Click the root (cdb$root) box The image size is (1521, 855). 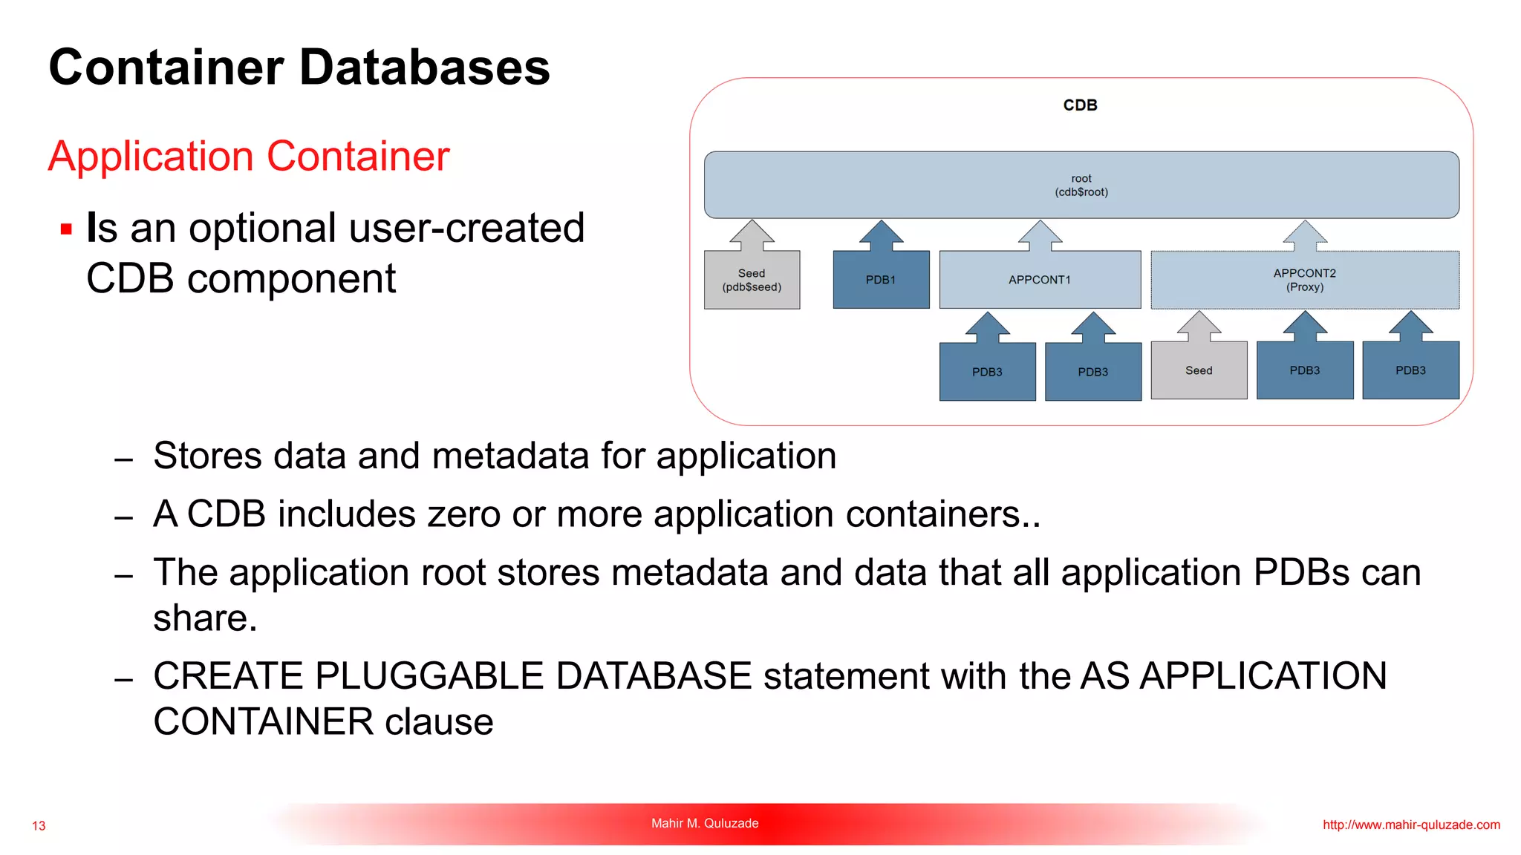(1081, 185)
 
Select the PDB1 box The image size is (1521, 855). (881, 280)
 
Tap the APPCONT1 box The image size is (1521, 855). (1040, 280)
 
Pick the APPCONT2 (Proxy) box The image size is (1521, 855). (1305, 280)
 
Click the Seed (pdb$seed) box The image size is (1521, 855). (752, 280)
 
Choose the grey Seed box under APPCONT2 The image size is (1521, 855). (1199, 370)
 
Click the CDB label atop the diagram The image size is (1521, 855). (1080, 105)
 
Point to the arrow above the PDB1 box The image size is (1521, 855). (881, 235)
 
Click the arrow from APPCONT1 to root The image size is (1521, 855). (1040, 235)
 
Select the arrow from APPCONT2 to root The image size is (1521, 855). (1305, 235)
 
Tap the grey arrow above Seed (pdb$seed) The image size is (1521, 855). (752, 235)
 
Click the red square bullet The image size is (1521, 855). (66, 229)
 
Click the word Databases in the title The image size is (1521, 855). (424, 68)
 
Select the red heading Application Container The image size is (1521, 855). (249, 157)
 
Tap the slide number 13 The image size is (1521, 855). (39, 825)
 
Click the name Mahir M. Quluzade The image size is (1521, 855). (705, 823)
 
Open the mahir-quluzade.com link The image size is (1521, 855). (1411, 825)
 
